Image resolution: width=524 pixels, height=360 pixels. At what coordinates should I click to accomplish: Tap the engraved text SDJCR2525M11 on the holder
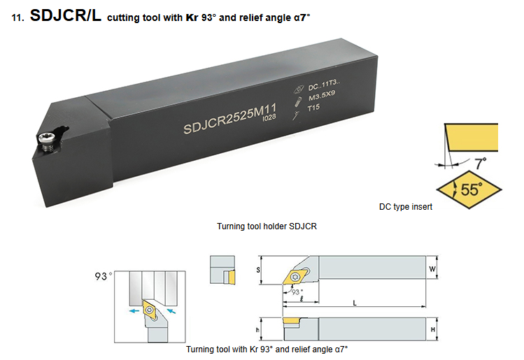click(x=230, y=118)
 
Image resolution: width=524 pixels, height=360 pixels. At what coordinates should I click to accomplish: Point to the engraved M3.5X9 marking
click(x=322, y=96)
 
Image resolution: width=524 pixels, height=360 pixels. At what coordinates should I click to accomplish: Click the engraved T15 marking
click(x=313, y=108)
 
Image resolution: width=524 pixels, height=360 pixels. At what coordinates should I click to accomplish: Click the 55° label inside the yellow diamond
click(x=472, y=189)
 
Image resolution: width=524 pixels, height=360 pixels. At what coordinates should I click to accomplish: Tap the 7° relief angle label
click(x=481, y=164)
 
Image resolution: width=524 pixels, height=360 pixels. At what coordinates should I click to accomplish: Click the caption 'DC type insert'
click(x=405, y=207)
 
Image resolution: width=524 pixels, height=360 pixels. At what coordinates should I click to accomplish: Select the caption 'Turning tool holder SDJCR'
click(x=267, y=226)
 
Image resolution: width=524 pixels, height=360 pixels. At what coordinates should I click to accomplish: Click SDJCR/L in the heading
click(x=66, y=15)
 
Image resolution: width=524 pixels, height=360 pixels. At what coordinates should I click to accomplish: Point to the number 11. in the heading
click(x=17, y=17)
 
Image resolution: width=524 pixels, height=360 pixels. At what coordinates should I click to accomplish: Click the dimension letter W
click(x=432, y=269)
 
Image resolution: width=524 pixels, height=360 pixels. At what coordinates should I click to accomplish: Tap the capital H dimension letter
click(x=433, y=330)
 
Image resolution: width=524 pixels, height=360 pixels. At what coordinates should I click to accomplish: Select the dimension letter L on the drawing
click(x=355, y=303)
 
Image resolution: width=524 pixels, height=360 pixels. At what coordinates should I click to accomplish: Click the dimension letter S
click(x=258, y=270)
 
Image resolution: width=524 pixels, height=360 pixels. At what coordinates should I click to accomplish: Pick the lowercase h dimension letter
click(x=257, y=330)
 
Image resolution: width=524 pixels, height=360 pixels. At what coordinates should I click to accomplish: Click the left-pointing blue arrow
click(x=134, y=311)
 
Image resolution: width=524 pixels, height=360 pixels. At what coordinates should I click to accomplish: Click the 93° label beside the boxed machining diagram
click(x=104, y=276)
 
